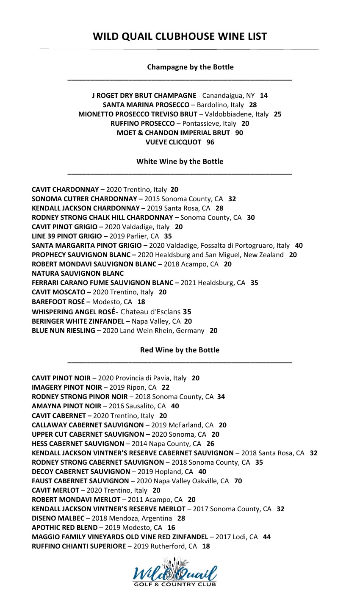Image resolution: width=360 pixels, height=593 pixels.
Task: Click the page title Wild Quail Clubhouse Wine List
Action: click(180, 36)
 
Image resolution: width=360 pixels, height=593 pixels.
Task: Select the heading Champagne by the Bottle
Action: click(190, 67)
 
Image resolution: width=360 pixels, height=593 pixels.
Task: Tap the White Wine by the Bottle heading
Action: click(180, 161)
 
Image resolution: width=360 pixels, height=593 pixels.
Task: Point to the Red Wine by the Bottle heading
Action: click(180, 350)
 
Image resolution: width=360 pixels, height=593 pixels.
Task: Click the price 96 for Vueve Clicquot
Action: click(210, 142)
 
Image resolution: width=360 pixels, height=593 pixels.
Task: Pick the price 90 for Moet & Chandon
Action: click(239, 133)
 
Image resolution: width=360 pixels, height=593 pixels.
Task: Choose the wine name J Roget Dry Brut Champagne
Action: click(144, 96)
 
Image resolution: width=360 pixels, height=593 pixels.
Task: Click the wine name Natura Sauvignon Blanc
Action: click(78, 273)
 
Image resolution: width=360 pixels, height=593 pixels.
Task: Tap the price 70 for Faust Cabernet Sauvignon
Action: click(238, 481)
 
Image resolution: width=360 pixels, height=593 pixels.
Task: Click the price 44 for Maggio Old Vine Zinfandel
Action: click(267, 537)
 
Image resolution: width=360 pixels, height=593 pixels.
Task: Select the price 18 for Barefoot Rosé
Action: click(141, 302)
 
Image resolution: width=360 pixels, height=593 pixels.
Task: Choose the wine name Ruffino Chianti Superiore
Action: click(79, 546)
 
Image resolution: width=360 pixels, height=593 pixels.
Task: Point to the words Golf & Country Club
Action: click(175, 585)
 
